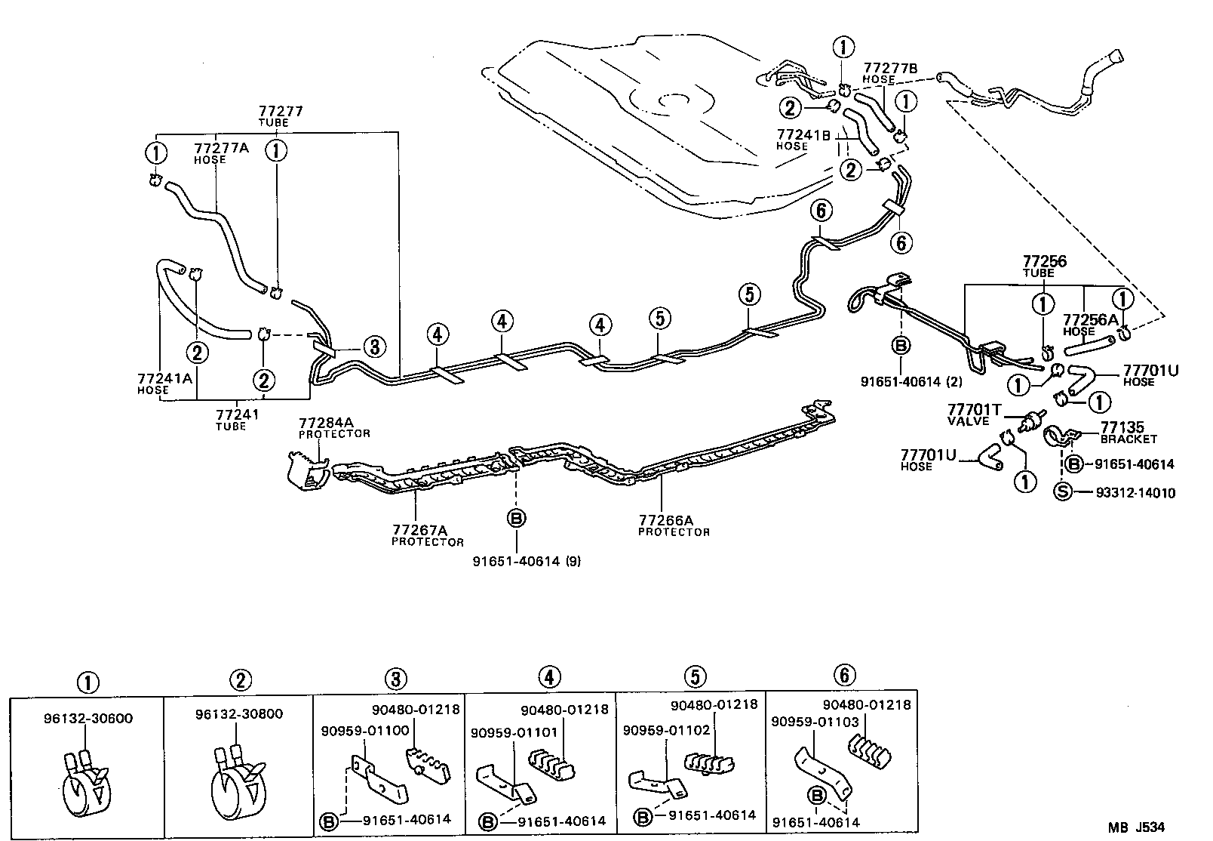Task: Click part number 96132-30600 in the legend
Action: [x=88, y=718]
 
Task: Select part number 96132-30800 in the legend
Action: [x=238, y=713]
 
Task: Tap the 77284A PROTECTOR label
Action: [x=334, y=427]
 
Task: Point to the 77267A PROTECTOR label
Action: [x=427, y=535]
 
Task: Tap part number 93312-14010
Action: [x=1135, y=493]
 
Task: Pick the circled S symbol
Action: [x=1062, y=493]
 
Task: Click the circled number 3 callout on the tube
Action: [x=373, y=347]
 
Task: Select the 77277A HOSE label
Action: [x=221, y=153]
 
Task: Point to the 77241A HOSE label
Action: [x=164, y=383]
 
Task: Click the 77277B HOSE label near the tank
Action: [x=890, y=72]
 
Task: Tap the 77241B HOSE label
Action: [x=803, y=140]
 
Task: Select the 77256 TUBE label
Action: [x=1044, y=266]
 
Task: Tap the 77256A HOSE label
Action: [x=1089, y=325]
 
